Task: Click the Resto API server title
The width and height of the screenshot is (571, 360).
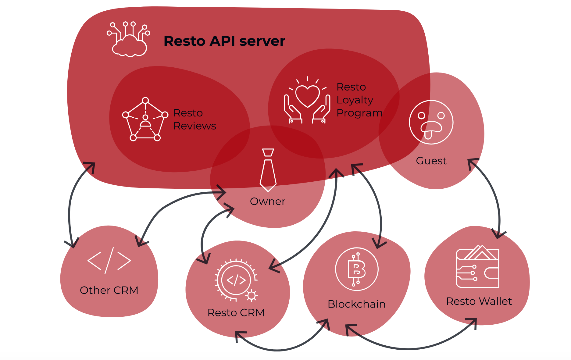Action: [x=224, y=41]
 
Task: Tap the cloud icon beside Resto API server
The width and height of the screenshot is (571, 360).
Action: [x=129, y=40]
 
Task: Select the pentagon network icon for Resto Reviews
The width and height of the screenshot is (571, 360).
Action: [x=145, y=119]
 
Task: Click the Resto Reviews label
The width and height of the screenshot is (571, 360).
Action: [x=194, y=119]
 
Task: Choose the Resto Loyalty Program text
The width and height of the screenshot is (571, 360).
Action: [x=359, y=100]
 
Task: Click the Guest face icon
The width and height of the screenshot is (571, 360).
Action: [x=431, y=122]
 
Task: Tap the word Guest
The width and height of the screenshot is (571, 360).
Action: [x=431, y=161]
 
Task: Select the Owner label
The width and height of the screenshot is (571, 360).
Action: [x=268, y=201]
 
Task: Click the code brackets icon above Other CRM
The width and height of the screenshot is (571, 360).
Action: [x=109, y=261]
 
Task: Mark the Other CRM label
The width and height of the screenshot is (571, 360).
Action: [x=109, y=290]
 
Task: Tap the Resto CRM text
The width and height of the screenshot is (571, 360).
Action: [x=236, y=313]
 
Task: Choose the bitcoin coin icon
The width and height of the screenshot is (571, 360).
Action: [x=357, y=269]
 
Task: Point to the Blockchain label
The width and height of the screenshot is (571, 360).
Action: [x=356, y=304]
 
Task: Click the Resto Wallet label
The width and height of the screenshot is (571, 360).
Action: [x=479, y=301]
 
